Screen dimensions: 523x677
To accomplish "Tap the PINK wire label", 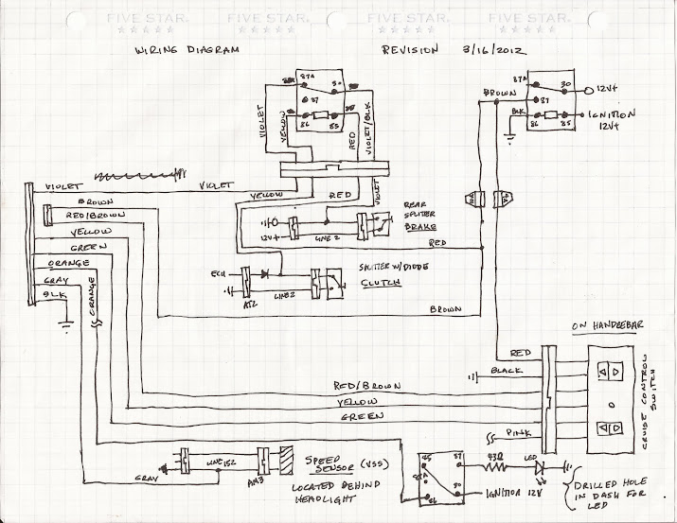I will (517, 432).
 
